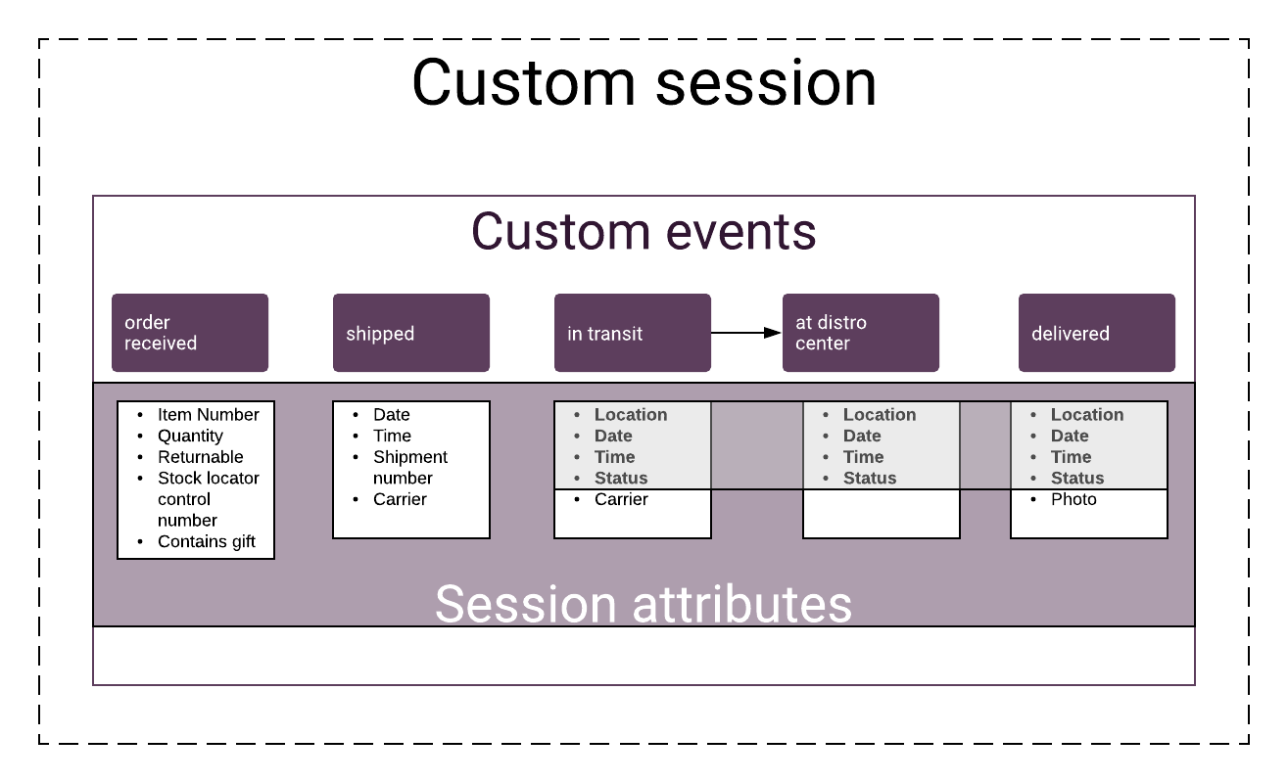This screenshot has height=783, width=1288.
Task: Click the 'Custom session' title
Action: coord(644,83)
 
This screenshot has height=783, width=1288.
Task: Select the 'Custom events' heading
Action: coord(644,231)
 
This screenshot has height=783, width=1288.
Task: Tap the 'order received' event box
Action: coord(190,333)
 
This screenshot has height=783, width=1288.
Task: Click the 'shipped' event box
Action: coord(411,333)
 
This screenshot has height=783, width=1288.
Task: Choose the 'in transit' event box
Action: coord(633,333)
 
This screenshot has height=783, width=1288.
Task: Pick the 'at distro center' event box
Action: coord(861,333)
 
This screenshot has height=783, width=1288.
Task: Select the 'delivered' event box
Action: coord(1097,333)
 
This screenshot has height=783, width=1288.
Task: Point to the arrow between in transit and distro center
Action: coord(746,333)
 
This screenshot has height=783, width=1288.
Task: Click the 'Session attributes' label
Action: coord(644,604)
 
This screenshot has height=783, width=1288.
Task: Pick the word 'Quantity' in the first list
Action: coord(190,436)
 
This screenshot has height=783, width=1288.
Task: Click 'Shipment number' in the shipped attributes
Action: coord(410,467)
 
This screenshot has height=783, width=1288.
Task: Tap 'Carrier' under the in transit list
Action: coord(621,499)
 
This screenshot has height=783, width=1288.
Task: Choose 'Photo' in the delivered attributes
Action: coord(1073,499)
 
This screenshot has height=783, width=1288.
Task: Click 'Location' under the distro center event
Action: coord(880,415)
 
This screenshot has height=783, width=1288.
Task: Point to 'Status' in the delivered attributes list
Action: coord(1077,478)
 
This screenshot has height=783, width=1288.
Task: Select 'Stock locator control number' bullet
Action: coord(209,499)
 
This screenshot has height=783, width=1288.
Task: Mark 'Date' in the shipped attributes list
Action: coord(392,415)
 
